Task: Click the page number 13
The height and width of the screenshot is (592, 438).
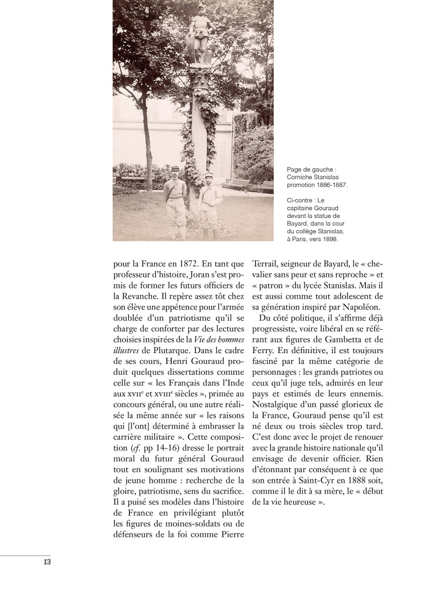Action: point(47,562)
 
